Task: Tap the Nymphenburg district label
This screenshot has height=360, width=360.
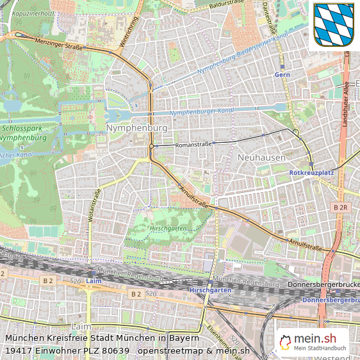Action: [137, 129]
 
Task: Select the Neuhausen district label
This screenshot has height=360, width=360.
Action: [261, 157]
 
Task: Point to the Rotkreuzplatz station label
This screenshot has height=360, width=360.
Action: [312, 172]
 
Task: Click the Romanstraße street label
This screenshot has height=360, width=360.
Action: [193, 145]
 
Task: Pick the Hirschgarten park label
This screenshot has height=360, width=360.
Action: [167, 228]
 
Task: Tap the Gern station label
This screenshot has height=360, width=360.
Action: [282, 75]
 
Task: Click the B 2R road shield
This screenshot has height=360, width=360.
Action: [341, 208]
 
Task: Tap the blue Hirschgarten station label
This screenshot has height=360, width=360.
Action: [210, 290]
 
